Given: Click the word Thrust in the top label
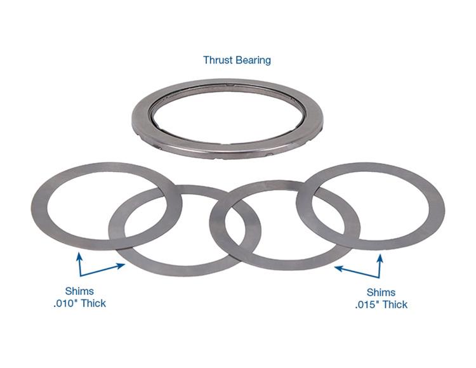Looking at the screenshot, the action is click(x=218, y=60).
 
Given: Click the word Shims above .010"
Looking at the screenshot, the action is click(x=79, y=291).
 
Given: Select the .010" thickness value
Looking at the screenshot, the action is click(x=66, y=303).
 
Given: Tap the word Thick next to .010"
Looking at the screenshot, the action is click(x=94, y=303).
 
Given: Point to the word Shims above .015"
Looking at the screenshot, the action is click(x=381, y=292).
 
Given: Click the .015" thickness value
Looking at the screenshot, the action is click(x=367, y=305).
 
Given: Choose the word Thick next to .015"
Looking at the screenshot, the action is click(x=395, y=305).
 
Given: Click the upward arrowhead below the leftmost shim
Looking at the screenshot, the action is click(x=79, y=257).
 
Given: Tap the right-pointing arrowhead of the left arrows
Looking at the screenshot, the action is click(x=121, y=266).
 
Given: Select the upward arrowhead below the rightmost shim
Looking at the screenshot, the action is click(x=380, y=258).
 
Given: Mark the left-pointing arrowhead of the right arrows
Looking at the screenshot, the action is click(x=338, y=268).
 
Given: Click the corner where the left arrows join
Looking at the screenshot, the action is click(x=80, y=276).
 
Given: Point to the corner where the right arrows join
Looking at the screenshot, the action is click(x=379, y=277).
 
